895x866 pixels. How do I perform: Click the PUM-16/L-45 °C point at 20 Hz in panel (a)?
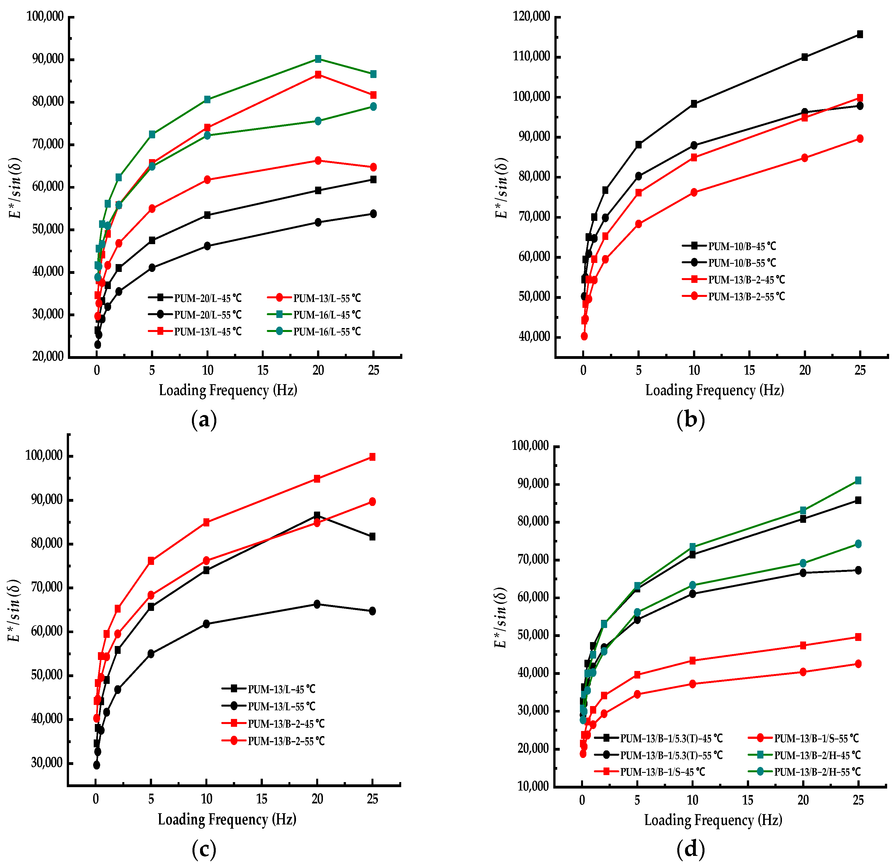coord(318,59)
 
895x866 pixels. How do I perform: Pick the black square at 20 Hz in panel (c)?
coord(317,515)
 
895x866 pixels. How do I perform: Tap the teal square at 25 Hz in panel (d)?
coord(858,480)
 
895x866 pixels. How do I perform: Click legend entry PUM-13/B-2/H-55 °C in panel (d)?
coord(817,772)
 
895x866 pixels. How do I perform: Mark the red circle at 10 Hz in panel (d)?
coord(692,684)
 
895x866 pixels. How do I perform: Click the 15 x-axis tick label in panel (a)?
coord(263,370)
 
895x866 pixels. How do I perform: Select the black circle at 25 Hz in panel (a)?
coord(373,214)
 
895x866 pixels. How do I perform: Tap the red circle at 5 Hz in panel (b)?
coord(638,224)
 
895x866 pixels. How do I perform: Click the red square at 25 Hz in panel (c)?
coord(372,457)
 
